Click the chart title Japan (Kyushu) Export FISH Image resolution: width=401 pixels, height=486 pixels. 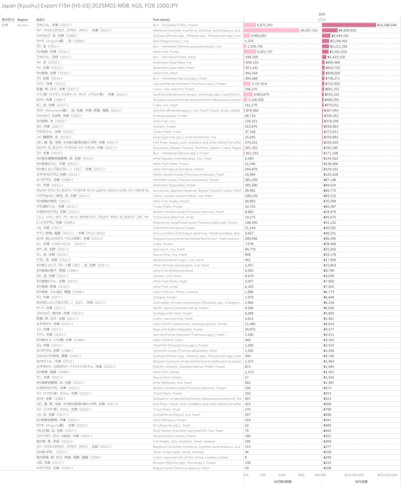click(x=90, y=6)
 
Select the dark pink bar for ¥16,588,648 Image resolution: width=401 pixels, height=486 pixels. click(x=349, y=25)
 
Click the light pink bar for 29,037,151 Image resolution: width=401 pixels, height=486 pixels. click(x=271, y=30)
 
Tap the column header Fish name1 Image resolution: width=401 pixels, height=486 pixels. click(x=161, y=20)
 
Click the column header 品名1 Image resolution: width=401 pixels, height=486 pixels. click(x=40, y=20)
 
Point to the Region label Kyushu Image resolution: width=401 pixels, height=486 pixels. click(x=23, y=25)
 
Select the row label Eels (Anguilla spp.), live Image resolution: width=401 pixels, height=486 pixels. click(x=171, y=41)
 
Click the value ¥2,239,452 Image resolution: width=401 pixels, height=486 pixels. click(x=339, y=41)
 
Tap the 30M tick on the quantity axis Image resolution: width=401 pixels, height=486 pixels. click(x=301, y=475)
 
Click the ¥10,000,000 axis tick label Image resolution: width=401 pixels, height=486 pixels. click(x=354, y=475)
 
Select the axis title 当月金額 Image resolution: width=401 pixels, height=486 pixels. click(x=361, y=481)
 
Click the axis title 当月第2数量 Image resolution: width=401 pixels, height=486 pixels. click(x=282, y=481)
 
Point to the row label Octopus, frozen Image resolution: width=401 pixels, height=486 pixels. click(x=165, y=297)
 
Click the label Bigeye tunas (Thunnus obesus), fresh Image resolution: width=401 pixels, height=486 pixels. click(x=181, y=468)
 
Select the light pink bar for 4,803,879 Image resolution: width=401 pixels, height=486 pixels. click(x=248, y=94)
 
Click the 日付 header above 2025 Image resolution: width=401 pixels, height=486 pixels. click(x=322, y=14)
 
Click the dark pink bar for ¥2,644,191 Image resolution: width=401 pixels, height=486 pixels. click(x=326, y=36)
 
